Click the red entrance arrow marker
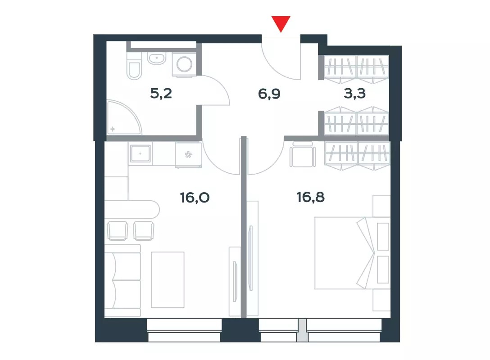[281, 24]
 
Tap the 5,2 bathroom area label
[161, 93]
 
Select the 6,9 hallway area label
[269, 94]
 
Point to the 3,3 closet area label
[355, 93]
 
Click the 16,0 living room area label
[195, 198]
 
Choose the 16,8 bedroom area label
[311, 198]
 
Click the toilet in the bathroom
[134, 66]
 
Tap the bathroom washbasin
[156, 58]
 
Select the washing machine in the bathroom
[184, 64]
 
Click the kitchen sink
[141, 153]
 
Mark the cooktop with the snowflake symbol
[188, 155]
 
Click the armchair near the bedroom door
[303, 154]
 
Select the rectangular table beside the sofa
[168, 280]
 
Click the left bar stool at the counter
[117, 231]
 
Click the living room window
[184, 330]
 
